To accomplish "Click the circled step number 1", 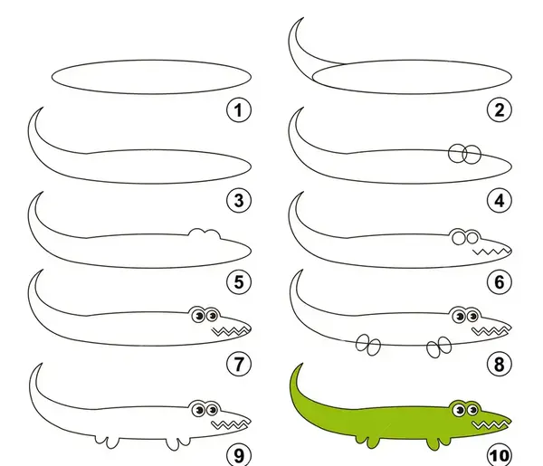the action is [x=239, y=110].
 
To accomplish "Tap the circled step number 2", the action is [x=500, y=110].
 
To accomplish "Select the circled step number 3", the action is [x=239, y=201].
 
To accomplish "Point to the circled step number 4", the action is [x=500, y=201].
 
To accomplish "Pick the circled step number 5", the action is [x=239, y=281].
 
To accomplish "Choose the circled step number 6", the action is [x=500, y=281].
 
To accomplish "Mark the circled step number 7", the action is [x=239, y=364].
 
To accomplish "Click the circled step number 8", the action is [x=500, y=364].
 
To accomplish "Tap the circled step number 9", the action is [x=239, y=455].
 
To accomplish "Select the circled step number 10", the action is [x=500, y=455].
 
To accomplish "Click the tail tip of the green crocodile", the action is [x=302, y=364].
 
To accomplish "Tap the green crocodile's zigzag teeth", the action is [x=490, y=424].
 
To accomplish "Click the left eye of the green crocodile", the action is [x=459, y=411].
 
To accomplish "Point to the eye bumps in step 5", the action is [x=205, y=233].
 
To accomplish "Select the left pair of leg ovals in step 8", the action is [x=368, y=345].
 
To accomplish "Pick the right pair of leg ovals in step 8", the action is [x=439, y=347].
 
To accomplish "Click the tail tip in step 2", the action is [x=303, y=18].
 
